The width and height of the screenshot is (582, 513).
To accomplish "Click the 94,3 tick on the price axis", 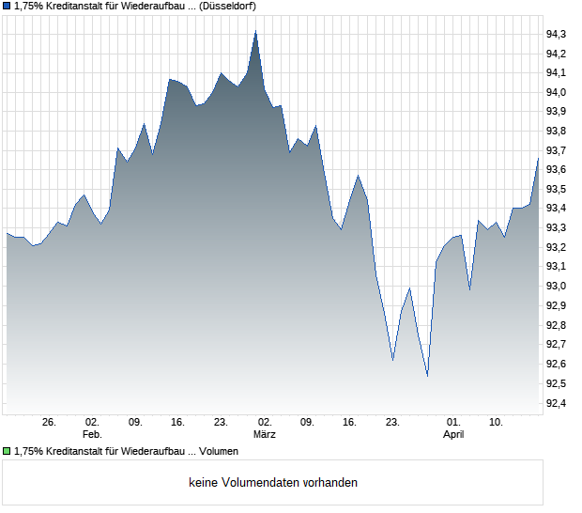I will tap(557, 34).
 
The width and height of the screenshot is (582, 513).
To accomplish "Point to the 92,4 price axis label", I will tap(557, 403).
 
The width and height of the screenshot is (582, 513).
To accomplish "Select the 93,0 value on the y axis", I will tap(557, 286).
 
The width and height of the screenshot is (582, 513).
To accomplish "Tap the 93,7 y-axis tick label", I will tap(557, 150).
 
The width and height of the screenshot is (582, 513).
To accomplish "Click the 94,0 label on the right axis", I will tap(557, 92).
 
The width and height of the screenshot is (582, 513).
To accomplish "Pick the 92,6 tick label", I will tap(557, 364).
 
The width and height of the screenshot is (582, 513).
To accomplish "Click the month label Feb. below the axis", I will tap(92, 435).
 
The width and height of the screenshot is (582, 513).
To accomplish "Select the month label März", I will tap(264, 435).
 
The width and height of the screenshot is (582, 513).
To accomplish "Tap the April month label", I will tap(453, 435).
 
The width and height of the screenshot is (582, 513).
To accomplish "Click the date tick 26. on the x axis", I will tap(50, 423).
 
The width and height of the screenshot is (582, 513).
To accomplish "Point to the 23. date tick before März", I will tap(221, 423).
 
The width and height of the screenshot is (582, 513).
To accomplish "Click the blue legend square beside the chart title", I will tap(7, 6).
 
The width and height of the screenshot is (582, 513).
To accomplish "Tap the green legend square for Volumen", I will tap(7, 451).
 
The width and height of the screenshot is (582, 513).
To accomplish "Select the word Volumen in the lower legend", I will tap(219, 451).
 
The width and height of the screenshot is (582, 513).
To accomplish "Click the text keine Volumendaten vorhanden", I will tap(273, 483).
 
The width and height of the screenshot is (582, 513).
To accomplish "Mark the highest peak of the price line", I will tap(256, 31).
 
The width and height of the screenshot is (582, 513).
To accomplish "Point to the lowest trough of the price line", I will tap(427, 376).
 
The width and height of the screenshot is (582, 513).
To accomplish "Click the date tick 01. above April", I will tap(453, 423).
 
